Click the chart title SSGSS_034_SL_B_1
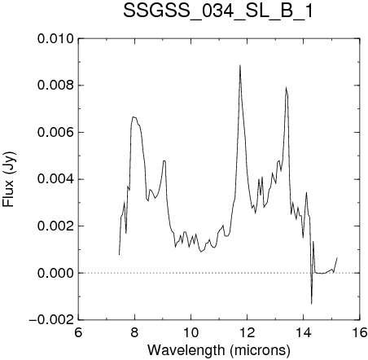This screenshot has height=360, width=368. pyautogui.click(x=218, y=11)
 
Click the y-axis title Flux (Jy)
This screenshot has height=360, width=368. pyautogui.click(x=9, y=179)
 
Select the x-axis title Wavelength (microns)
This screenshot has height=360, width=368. pyautogui.click(x=219, y=349)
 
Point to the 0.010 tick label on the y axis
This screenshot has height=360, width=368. pyautogui.click(x=55, y=39)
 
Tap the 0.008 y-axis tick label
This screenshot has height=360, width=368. pyautogui.click(x=55, y=86)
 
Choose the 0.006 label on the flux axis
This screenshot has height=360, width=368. pyautogui.click(x=55, y=133)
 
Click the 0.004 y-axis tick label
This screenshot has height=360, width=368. pyautogui.click(x=55, y=179)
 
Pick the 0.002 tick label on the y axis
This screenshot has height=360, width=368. pyautogui.click(x=55, y=226)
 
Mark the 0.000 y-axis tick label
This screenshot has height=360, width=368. pyautogui.click(x=55, y=273)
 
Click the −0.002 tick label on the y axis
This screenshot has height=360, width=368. pyautogui.click(x=51, y=320)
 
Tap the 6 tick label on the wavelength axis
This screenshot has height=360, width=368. pyautogui.click(x=78, y=332)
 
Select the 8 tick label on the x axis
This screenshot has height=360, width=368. pyautogui.click(x=134, y=332)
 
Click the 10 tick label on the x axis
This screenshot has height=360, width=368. pyautogui.click(x=191, y=332)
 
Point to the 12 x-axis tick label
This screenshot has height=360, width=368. pyautogui.click(x=248, y=332)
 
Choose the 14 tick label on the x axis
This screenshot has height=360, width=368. pyautogui.click(x=304, y=332)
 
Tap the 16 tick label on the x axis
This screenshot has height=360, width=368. pyautogui.click(x=360, y=332)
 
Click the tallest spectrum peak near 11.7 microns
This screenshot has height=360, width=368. pyautogui.click(x=240, y=65)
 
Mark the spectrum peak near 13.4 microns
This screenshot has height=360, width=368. pyautogui.click(x=286, y=87)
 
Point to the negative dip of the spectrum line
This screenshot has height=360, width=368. pyautogui.click(x=311, y=304)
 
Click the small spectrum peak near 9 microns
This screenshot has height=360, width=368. pyautogui.click(x=164, y=161)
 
